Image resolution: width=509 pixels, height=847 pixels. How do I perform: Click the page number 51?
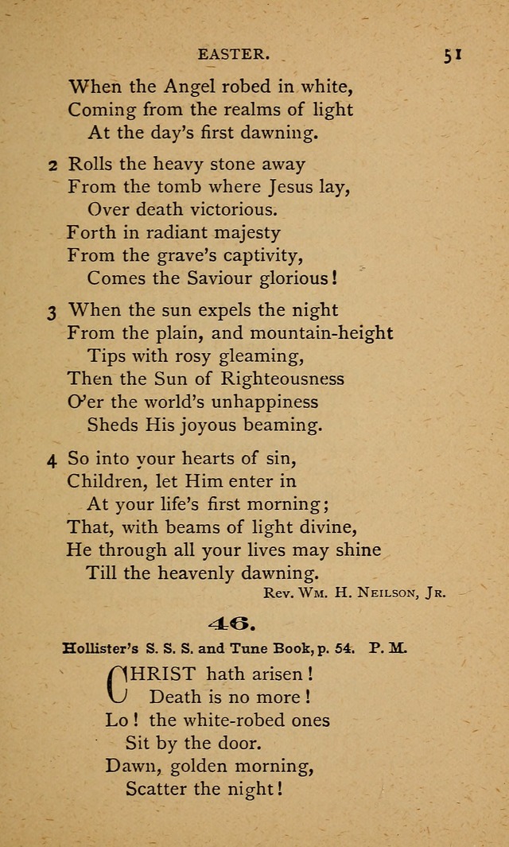[454, 55]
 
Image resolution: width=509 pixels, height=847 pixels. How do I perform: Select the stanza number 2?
[52, 165]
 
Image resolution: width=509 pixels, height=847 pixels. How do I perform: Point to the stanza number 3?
[52, 312]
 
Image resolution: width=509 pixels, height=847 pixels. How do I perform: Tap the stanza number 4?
[52, 459]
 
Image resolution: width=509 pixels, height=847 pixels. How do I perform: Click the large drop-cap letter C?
[117, 684]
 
